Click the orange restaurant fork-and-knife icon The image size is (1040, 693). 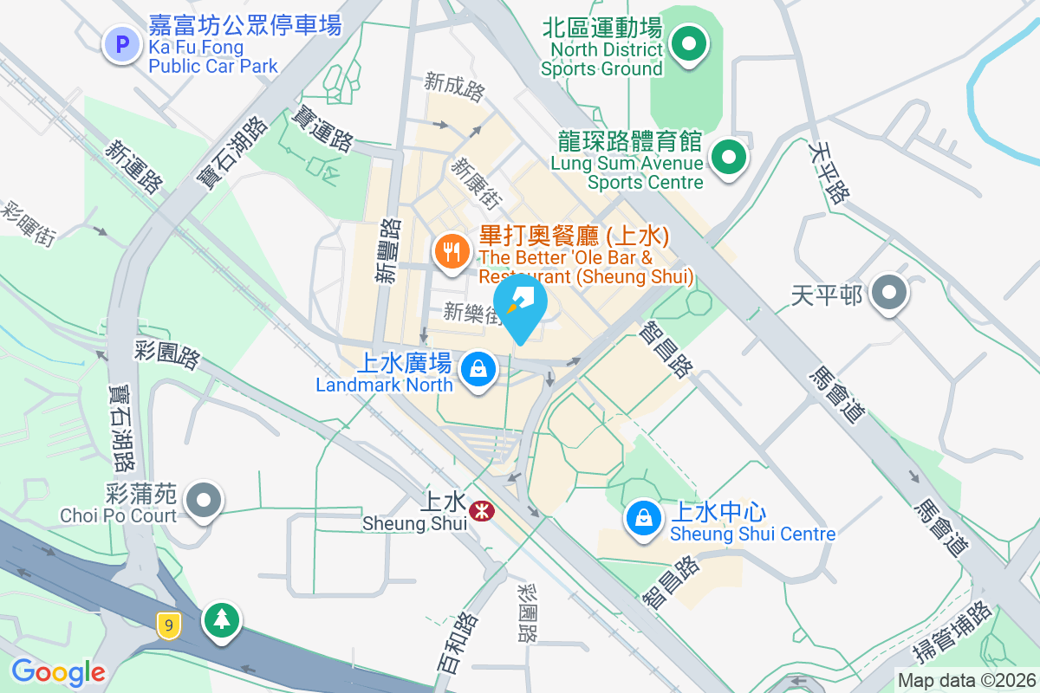click(x=451, y=252)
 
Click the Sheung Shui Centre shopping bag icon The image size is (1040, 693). click(x=643, y=519)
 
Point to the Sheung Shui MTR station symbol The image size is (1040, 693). click(x=478, y=512)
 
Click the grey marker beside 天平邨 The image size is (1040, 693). click(x=888, y=293)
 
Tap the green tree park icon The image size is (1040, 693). click(x=222, y=619)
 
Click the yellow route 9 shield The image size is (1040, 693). click(x=168, y=625)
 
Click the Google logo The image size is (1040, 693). click(x=58, y=672)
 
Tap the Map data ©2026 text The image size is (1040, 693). click(x=965, y=680)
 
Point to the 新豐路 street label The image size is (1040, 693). click(x=387, y=250)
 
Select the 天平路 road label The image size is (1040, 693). click(x=827, y=173)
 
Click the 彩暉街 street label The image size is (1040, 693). click(x=29, y=223)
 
